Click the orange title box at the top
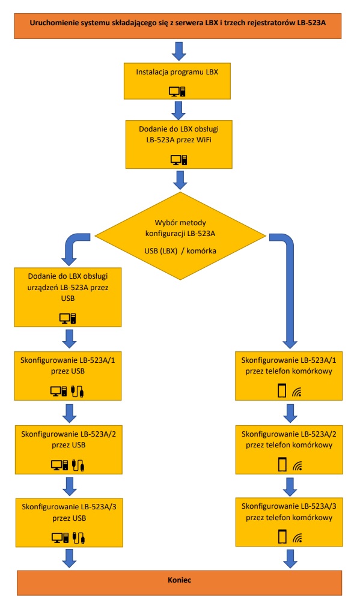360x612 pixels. (178, 26)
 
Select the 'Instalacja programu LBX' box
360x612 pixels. (177, 81)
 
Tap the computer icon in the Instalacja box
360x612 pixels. (177, 91)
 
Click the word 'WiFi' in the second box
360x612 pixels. (204, 140)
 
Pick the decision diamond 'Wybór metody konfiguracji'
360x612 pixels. (180, 236)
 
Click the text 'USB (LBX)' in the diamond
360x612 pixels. (161, 250)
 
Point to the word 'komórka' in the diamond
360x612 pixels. (201, 250)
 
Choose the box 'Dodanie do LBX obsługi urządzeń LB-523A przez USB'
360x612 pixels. (68, 297)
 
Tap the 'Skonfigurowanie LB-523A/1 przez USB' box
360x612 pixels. (68, 376)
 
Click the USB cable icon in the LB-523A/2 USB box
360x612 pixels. (79, 465)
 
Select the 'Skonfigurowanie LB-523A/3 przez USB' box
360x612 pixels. (69, 523)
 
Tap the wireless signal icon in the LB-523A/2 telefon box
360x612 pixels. (297, 466)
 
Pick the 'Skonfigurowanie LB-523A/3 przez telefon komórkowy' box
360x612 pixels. (289, 522)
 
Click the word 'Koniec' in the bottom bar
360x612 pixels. (180, 580)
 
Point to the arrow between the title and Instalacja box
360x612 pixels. (179, 51)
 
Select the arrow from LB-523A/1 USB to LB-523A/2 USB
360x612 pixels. (70, 413)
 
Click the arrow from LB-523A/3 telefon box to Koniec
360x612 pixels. (290, 559)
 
